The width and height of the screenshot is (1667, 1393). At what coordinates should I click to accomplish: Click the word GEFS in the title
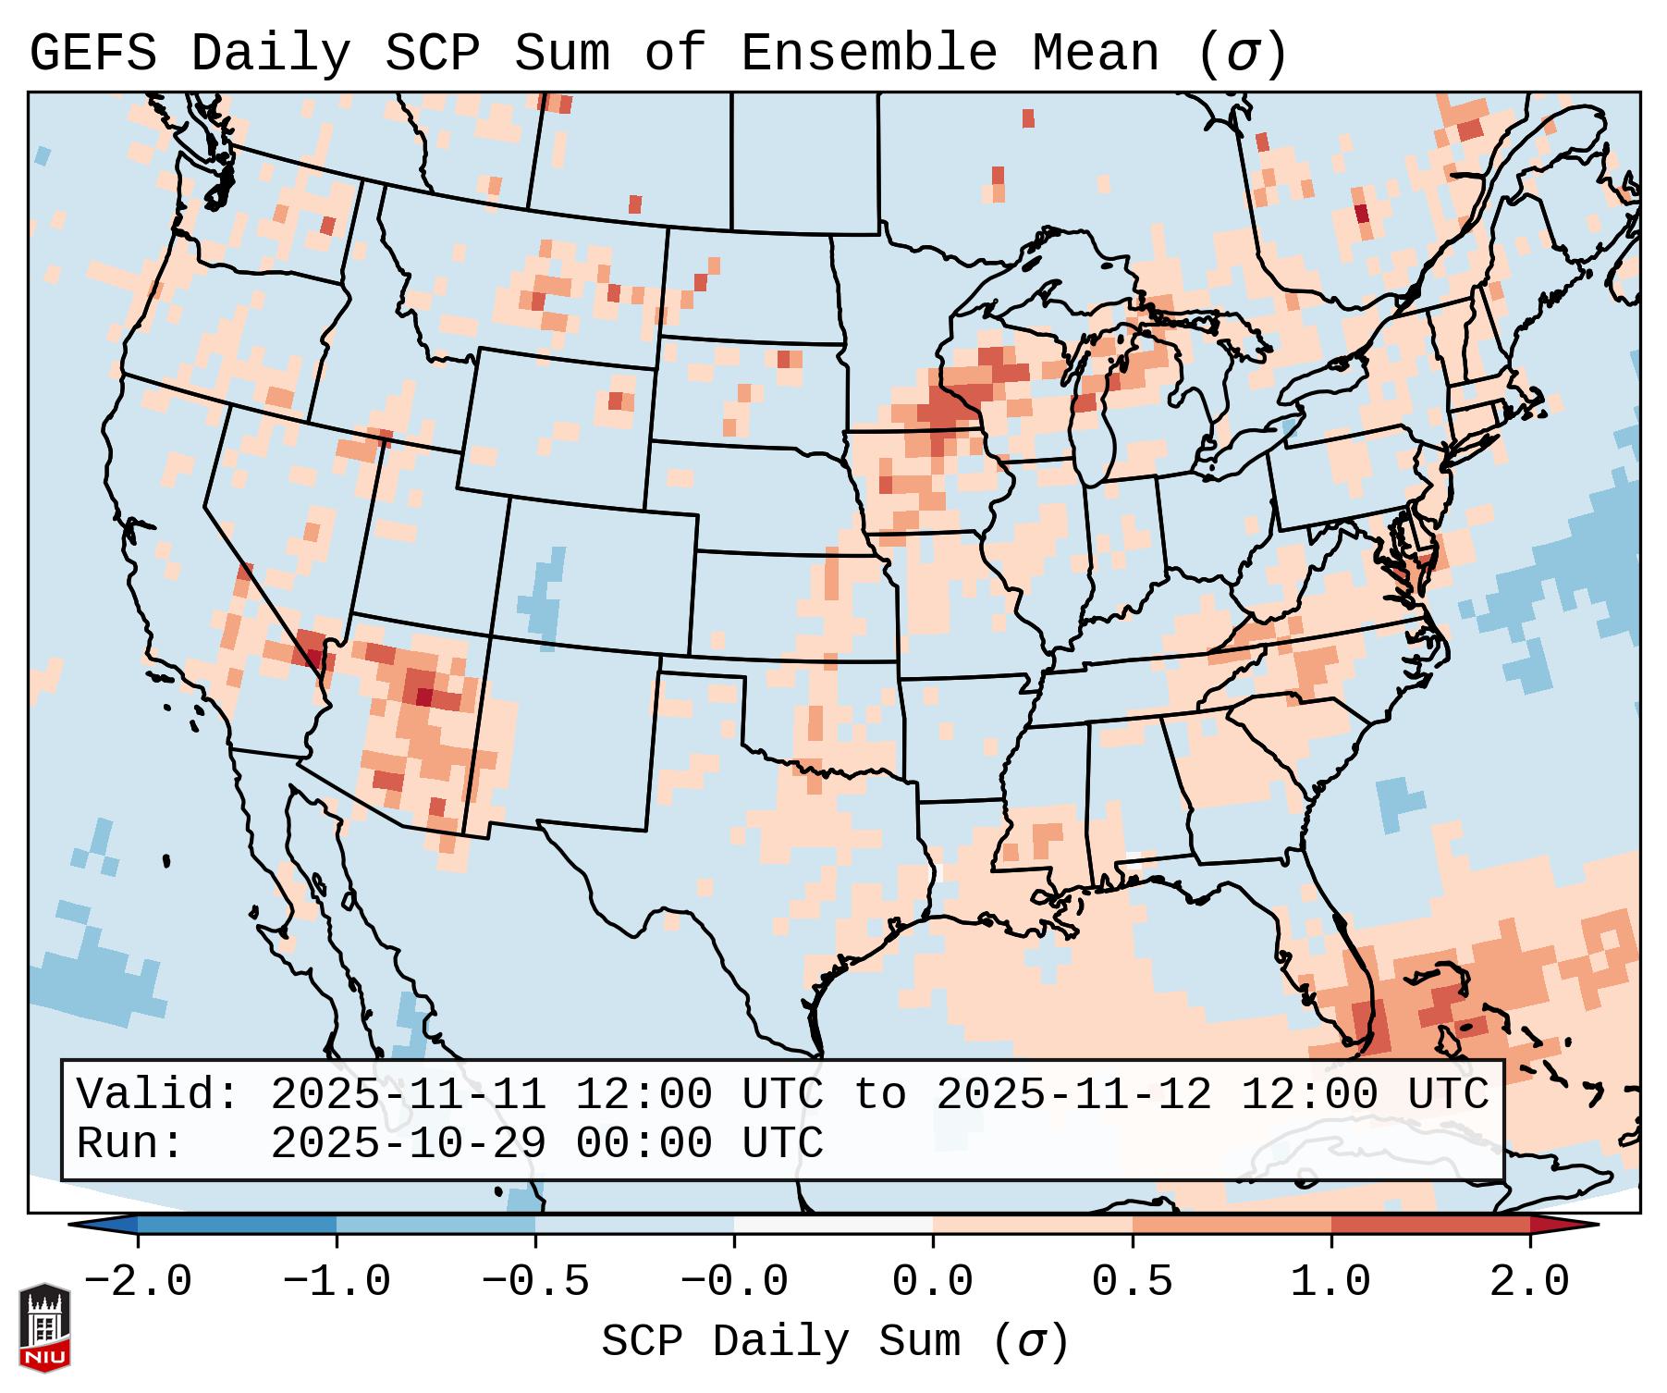point(92,54)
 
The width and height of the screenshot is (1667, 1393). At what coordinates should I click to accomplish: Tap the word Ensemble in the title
point(868,54)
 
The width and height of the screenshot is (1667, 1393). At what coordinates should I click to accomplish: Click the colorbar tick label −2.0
point(138,1282)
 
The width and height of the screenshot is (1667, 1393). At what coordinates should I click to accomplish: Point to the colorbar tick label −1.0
point(337,1282)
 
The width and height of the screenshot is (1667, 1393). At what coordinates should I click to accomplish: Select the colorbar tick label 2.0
point(1529,1282)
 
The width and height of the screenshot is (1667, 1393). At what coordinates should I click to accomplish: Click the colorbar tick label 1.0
point(1330,1282)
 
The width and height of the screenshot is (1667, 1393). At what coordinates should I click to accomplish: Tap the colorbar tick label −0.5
point(535,1282)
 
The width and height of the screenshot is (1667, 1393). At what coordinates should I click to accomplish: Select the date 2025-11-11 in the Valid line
point(408,1095)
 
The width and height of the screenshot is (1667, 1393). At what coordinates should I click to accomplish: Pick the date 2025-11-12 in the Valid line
point(1073,1095)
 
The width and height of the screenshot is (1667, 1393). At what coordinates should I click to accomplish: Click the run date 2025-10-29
point(408,1144)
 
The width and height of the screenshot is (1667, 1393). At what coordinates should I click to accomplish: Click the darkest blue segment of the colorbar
point(236,1224)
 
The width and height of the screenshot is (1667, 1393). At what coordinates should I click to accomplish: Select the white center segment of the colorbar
point(833,1224)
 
